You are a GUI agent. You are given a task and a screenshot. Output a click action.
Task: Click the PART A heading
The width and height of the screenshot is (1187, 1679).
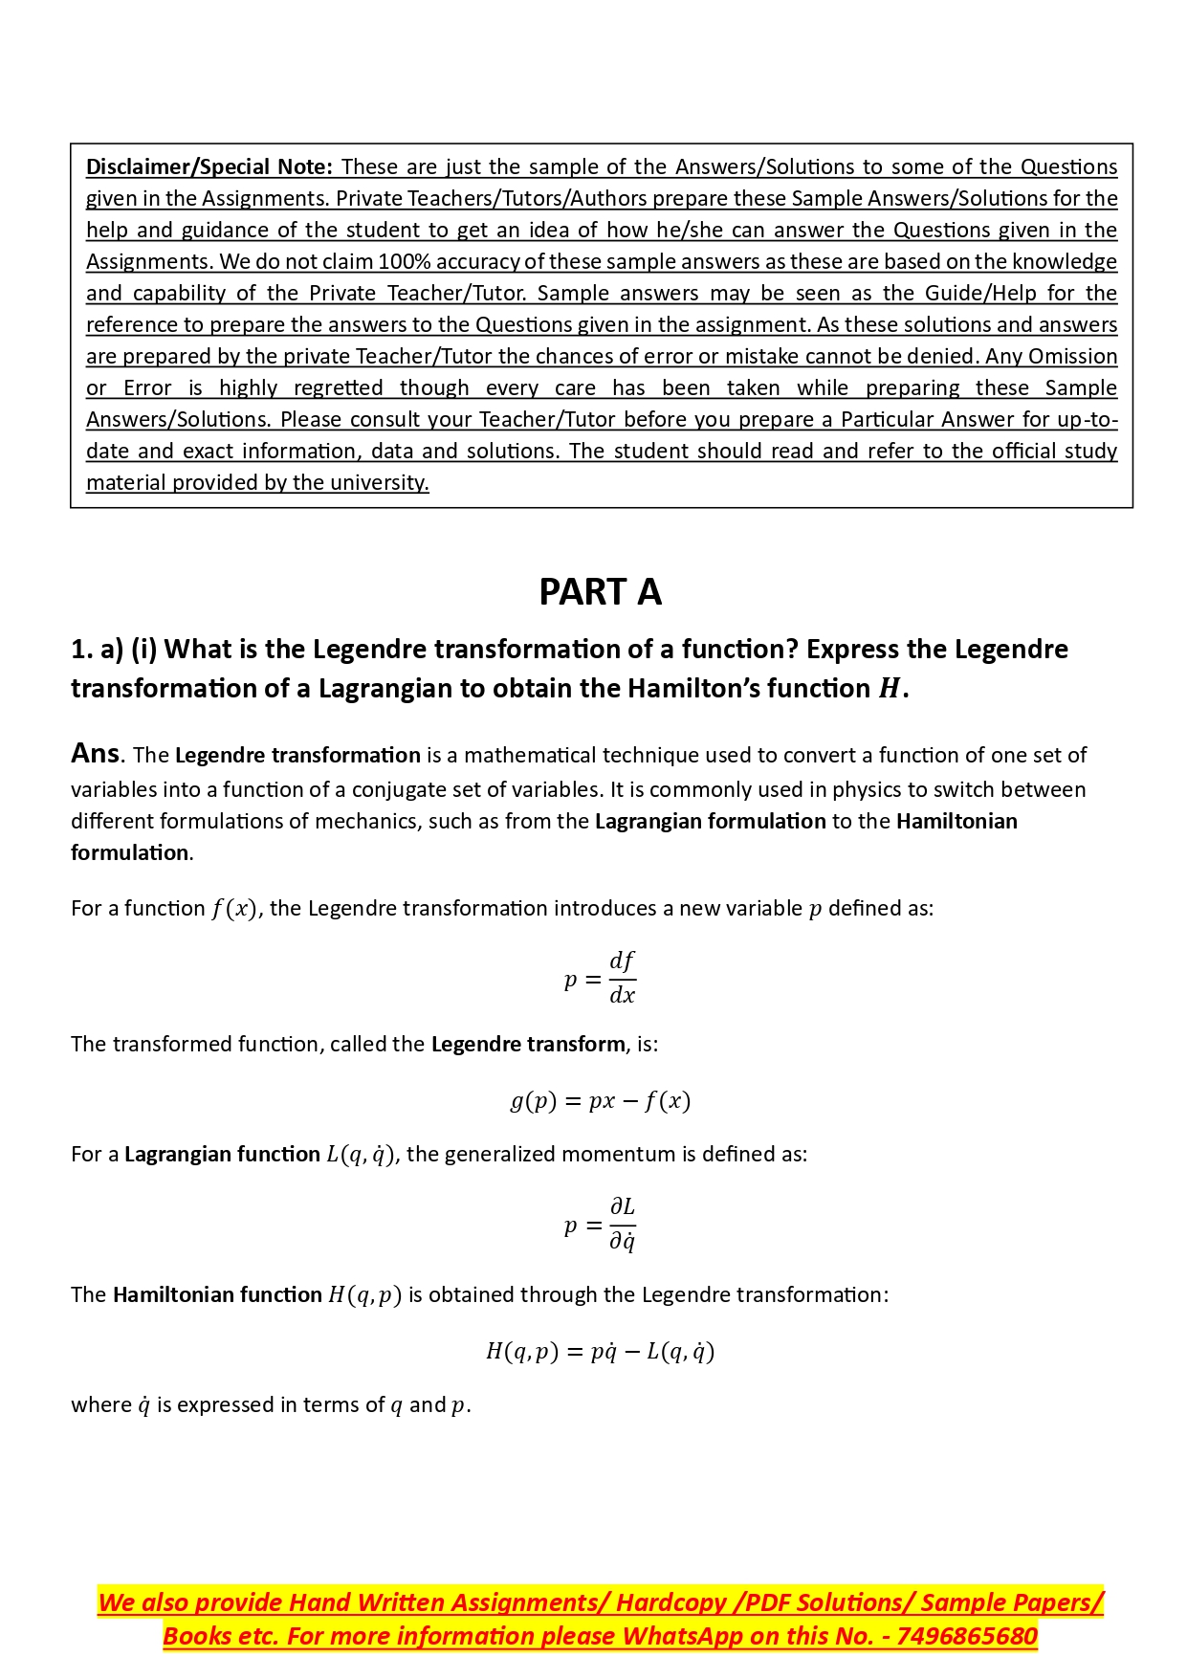coord(600,592)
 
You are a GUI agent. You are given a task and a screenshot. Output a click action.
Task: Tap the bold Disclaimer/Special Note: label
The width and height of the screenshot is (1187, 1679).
coord(209,166)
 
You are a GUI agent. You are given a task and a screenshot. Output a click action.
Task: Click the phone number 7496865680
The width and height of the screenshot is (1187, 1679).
coord(967,1636)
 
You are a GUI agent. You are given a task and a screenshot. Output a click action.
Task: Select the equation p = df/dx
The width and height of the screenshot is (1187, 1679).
coord(600,978)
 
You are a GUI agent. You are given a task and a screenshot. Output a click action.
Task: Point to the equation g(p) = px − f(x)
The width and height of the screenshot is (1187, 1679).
coord(600,1100)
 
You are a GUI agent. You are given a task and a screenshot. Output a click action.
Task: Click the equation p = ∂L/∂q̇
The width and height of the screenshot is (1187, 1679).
coord(600,1225)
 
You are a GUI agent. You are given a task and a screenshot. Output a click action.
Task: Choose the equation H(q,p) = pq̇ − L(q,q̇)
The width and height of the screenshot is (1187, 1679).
coord(600,1351)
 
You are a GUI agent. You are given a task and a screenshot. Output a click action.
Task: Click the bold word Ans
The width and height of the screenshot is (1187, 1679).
coord(95,754)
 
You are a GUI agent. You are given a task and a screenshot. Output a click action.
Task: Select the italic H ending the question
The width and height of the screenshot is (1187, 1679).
coord(889,689)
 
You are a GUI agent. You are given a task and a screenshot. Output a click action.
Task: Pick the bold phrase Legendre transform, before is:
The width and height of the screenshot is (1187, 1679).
coord(528,1044)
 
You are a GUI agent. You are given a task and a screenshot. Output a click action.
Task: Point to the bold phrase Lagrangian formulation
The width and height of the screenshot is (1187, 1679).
coord(710,821)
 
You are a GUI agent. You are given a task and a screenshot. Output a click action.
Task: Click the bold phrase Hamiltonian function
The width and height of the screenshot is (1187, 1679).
coord(217,1294)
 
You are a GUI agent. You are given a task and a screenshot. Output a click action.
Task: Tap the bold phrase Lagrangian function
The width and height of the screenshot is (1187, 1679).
coord(222,1154)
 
